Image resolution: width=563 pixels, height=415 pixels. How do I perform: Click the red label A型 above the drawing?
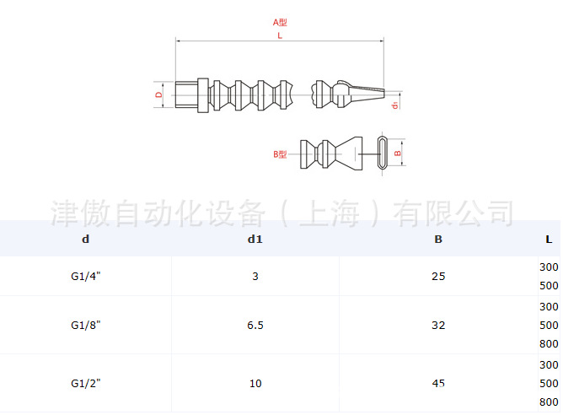[280, 22]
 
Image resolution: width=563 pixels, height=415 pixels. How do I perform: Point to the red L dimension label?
[280, 35]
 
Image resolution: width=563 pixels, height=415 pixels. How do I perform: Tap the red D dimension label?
[158, 94]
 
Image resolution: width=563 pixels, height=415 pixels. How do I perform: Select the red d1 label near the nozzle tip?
[395, 105]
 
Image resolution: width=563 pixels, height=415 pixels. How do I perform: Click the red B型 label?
[280, 154]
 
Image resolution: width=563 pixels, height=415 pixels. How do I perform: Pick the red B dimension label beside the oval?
[398, 154]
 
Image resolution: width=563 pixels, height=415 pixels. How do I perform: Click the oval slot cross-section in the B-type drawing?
[383, 153]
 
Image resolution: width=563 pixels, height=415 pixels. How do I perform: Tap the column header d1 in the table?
[255, 240]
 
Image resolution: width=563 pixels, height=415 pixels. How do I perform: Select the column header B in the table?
[438, 240]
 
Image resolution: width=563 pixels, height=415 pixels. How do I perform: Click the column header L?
[549, 240]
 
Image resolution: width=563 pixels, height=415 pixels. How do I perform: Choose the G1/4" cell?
[86, 276]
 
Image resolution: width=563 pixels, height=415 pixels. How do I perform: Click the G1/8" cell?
[86, 325]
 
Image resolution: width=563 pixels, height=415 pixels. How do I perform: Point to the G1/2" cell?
[86, 383]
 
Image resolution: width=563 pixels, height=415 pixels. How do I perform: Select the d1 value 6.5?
[255, 326]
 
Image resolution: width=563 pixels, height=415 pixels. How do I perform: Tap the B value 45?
[438, 384]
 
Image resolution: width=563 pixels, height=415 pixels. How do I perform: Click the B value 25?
[438, 277]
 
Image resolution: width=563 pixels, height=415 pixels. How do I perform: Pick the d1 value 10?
[255, 384]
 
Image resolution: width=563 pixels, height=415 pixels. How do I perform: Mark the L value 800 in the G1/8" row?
[549, 344]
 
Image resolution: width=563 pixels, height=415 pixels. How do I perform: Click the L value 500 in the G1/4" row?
[549, 286]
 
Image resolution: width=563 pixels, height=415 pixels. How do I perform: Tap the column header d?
[85, 240]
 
